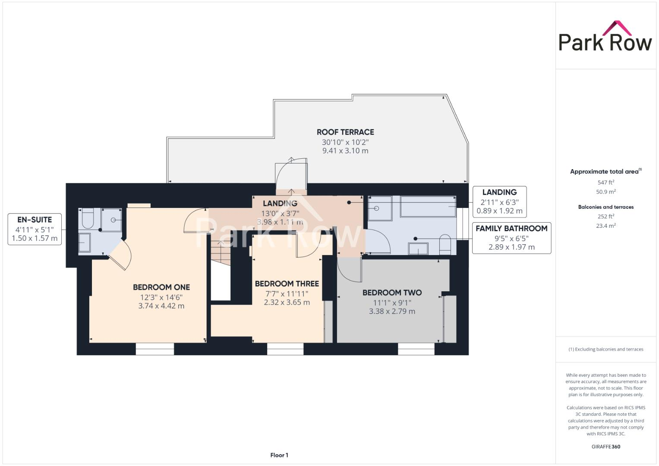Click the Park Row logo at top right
[x=605, y=37]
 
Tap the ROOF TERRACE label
[x=345, y=132]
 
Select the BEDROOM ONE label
[x=161, y=287]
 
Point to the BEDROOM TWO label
[x=392, y=293]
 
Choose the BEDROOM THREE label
[x=287, y=283]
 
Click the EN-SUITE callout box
[x=35, y=229]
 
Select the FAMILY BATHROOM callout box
[x=511, y=238]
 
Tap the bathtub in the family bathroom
[x=428, y=206]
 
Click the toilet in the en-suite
[x=87, y=218]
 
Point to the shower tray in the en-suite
[x=112, y=220]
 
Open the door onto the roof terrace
[x=291, y=175]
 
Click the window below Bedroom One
[x=155, y=349]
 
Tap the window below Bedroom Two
[x=416, y=349]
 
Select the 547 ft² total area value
[x=605, y=183]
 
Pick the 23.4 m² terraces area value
[x=605, y=226]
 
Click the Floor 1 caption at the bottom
[x=279, y=455]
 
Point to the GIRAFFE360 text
[x=605, y=447]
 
